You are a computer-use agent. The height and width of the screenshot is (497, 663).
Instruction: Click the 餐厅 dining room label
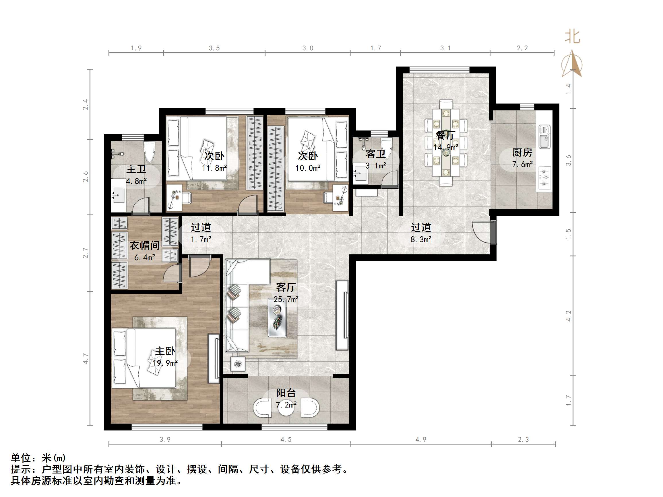445,135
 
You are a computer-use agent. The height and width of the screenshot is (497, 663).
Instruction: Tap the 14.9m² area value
445,147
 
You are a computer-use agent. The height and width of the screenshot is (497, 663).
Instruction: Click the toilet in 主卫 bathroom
149,152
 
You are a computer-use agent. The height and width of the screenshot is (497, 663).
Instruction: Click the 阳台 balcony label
286,393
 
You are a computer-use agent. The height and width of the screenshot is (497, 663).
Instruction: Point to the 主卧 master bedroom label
165,351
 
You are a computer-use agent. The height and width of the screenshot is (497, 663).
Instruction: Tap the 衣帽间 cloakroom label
144,246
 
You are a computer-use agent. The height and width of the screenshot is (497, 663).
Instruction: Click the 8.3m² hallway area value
421,239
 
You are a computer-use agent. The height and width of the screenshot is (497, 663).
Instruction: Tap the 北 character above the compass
572,37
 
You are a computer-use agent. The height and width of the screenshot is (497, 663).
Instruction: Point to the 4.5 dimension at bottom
286,439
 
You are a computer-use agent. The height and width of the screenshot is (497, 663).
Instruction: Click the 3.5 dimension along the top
214,48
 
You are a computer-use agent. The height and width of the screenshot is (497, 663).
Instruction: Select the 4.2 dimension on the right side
568,316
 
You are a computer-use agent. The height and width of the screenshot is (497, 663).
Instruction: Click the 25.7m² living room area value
286,299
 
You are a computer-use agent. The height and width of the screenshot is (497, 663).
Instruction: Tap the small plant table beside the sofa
238,364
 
